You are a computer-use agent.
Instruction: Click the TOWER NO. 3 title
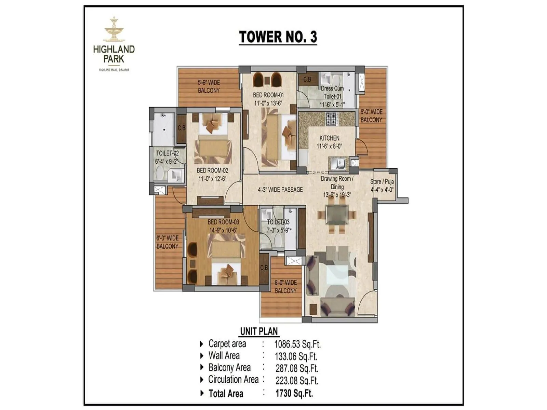tap(278, 37)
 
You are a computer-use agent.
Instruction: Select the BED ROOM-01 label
tap(268, 95)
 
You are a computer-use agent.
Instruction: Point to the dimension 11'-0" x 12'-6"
tap(212, 179)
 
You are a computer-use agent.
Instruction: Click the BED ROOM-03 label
tap(223, 222)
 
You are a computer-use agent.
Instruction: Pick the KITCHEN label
tap(329, 138)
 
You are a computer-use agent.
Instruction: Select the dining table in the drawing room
tap(337, 215)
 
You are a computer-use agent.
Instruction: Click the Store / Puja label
tap(382, 182)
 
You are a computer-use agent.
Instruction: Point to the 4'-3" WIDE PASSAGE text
tap(280, 190)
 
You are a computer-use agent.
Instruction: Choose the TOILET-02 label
tap(167, 153)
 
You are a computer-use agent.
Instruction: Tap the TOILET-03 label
tap(278, 222)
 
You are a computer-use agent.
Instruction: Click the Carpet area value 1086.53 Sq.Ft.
tap(297, 344)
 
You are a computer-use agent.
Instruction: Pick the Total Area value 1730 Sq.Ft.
tap(294, 393)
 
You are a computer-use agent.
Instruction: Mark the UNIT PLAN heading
tap(259, 331)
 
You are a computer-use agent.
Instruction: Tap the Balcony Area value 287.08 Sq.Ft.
tap(297, 368)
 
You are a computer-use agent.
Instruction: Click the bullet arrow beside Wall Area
tap(202, 356)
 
